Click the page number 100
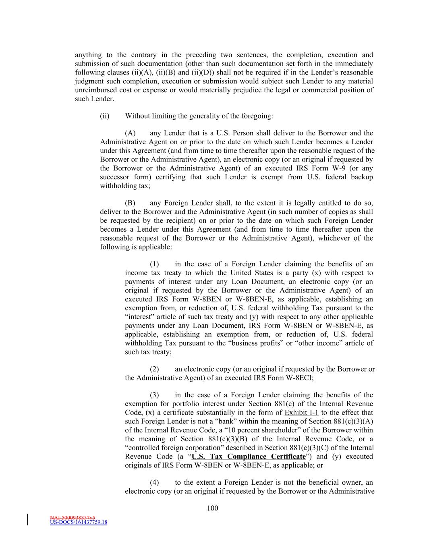point(212,508)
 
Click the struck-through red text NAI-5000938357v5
point(73,517)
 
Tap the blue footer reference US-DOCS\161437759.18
point(79,523)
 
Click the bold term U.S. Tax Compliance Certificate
point(249,457)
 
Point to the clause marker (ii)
point(105,116)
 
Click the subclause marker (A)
point(130,133)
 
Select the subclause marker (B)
point(130,203)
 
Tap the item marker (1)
point(155,264)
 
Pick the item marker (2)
point(155,369)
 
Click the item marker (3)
point(155,395)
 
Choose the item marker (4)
point(155,482)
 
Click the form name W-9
point(344,168)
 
